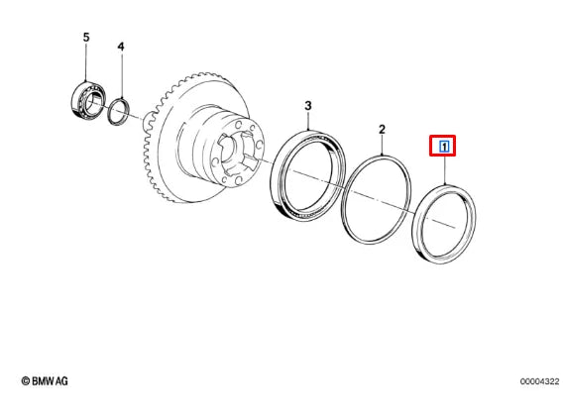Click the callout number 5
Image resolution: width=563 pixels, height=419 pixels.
click(x=85, y=38)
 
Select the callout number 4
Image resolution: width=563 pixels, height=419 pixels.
click(x=121, y=47)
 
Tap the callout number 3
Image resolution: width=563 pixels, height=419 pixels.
click(x=308, y=105)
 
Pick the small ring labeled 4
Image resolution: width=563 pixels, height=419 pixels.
click(x=117, y=110)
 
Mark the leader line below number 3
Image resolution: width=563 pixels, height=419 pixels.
click(x=308, y=121)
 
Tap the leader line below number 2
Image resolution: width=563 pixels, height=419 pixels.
click(x=383, y=146)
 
